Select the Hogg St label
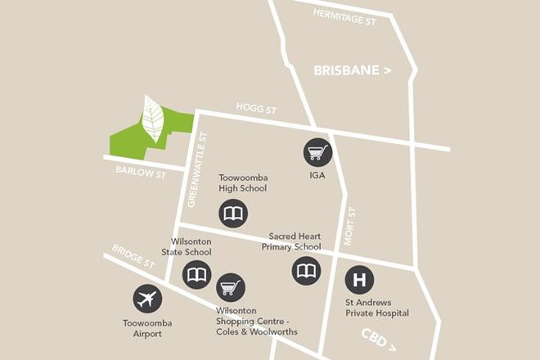(251, 106)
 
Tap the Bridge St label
(133, 258)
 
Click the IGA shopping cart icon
(317, 151)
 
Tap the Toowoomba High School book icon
(232, 214)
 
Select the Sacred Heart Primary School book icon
(307, 270)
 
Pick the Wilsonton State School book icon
(197, 276)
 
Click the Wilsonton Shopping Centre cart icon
(231, 287)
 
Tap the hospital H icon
(358, 281)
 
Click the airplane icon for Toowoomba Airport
(147, 299)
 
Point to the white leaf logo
(152, 119)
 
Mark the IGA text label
(317, 175)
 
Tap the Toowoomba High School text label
(243, 183)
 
